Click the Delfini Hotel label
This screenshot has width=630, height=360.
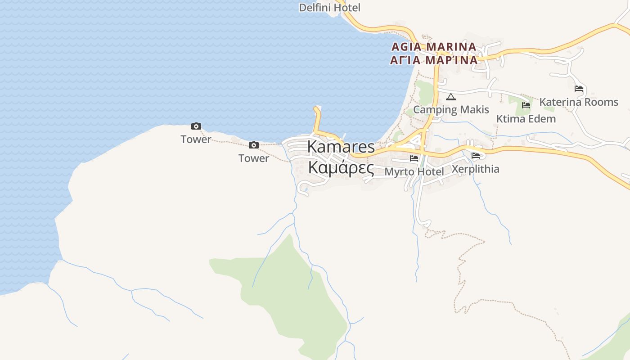[330, 8]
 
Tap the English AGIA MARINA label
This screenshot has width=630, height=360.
[434, 47]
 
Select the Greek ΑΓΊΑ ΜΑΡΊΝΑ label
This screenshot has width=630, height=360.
[434, 60]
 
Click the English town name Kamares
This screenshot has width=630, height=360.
[341, 147]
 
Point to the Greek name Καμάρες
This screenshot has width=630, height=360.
[341, 168]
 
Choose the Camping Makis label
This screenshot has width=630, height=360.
[451, 109]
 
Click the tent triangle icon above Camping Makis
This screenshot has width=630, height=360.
[450, 97]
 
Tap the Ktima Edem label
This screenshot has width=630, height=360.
[526, 119]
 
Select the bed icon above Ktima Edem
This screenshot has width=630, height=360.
[526, 105]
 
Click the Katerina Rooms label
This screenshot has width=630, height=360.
[579, 102]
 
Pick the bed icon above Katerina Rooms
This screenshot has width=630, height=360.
[579, 89]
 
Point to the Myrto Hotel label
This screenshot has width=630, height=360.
[414, 171]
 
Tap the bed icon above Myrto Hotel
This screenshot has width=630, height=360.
[414, 158]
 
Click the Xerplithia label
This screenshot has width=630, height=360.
[475, 169]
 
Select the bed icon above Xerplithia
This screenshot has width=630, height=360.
[476, 156]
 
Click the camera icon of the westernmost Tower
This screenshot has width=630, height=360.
[196, 126]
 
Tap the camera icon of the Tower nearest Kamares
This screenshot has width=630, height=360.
[254, 145]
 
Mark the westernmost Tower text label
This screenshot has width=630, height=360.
[196, 139]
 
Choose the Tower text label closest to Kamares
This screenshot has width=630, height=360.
[254, 158]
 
